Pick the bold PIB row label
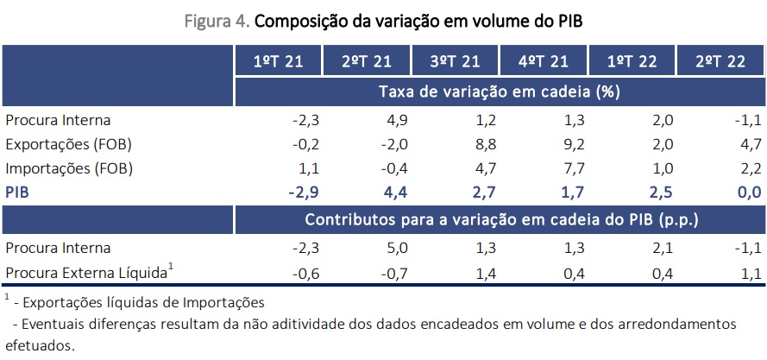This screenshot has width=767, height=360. pyautogui.click(x=18, y=192)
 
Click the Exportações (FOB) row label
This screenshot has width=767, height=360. pyautogui.click(x=69, y=144)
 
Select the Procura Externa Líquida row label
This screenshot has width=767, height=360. pyautogui.click(x=86, y=274)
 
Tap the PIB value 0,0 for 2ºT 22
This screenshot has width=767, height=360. pyautogui.click(x=747, y=192)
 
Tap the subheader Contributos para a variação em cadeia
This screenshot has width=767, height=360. pyautogui.click(x=500, y=219)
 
